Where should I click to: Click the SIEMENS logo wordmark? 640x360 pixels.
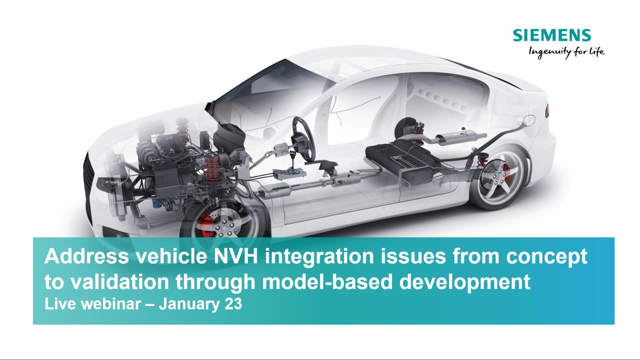click(552, 36)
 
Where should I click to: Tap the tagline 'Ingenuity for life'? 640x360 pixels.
click(566, 52)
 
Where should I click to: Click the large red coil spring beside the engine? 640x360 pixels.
click(212, 167)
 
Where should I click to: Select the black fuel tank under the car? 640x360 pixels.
click(404, 159)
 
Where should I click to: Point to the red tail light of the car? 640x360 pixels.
click(547, 110)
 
